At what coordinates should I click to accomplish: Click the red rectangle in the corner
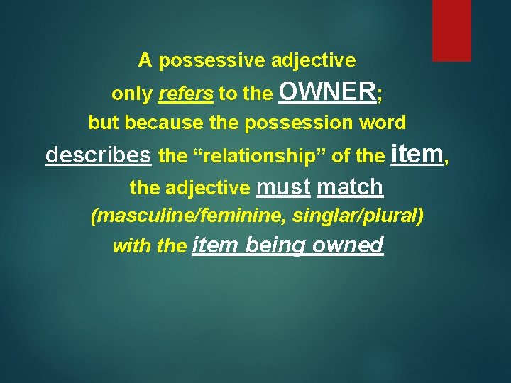click(x=451, y=30)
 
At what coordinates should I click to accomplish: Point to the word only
click(x=133, y=94)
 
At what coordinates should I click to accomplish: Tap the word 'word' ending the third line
click(x=383, y=123)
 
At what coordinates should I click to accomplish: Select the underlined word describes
click(x=98, y=155)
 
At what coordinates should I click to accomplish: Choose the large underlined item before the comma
click(x=416, y=153)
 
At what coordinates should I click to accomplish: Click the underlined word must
click(x=283, y=187)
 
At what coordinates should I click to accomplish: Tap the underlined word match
click(x=350, y=187)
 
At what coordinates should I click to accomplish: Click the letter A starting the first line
click(x=145, y=60)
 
